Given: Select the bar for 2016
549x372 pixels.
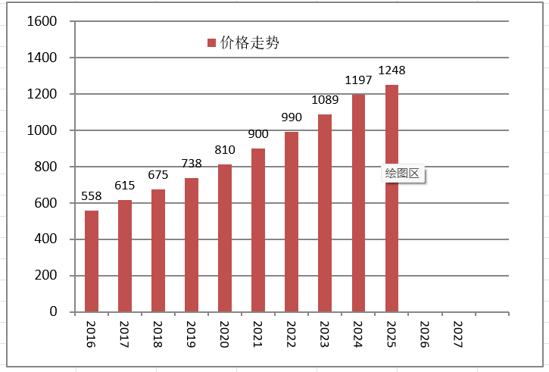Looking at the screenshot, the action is (92, 261).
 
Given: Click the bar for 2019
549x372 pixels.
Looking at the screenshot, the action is (192, 245).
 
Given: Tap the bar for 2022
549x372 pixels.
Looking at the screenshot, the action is (292, 222).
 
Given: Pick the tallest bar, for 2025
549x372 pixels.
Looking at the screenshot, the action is (391, 199).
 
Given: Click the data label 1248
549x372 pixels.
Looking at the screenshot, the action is (391, 70).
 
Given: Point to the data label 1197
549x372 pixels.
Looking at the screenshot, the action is (358, 80).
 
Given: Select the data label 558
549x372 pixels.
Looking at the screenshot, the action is (92, 196).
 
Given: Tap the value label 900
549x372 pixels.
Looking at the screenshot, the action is (258, 134).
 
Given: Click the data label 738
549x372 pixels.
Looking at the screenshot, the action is (192, 164).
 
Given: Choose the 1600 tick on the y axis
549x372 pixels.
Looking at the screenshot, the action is (42, 21).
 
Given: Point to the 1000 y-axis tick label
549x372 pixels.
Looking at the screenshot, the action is (42, 130).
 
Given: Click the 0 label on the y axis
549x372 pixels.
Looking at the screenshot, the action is (53, 311).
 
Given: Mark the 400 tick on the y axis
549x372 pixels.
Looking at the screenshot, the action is (45, 239).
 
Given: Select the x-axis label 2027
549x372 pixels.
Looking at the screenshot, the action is (457, 335).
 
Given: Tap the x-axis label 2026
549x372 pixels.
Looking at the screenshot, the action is (424, 335).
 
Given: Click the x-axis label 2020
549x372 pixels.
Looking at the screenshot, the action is (224, 335).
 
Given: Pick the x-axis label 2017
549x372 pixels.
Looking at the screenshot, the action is (124, 335).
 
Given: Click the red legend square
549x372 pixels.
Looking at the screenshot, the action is (211, 42).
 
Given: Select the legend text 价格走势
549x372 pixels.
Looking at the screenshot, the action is (250, 42).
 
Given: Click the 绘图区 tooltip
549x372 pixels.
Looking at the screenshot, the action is (403, 173).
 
